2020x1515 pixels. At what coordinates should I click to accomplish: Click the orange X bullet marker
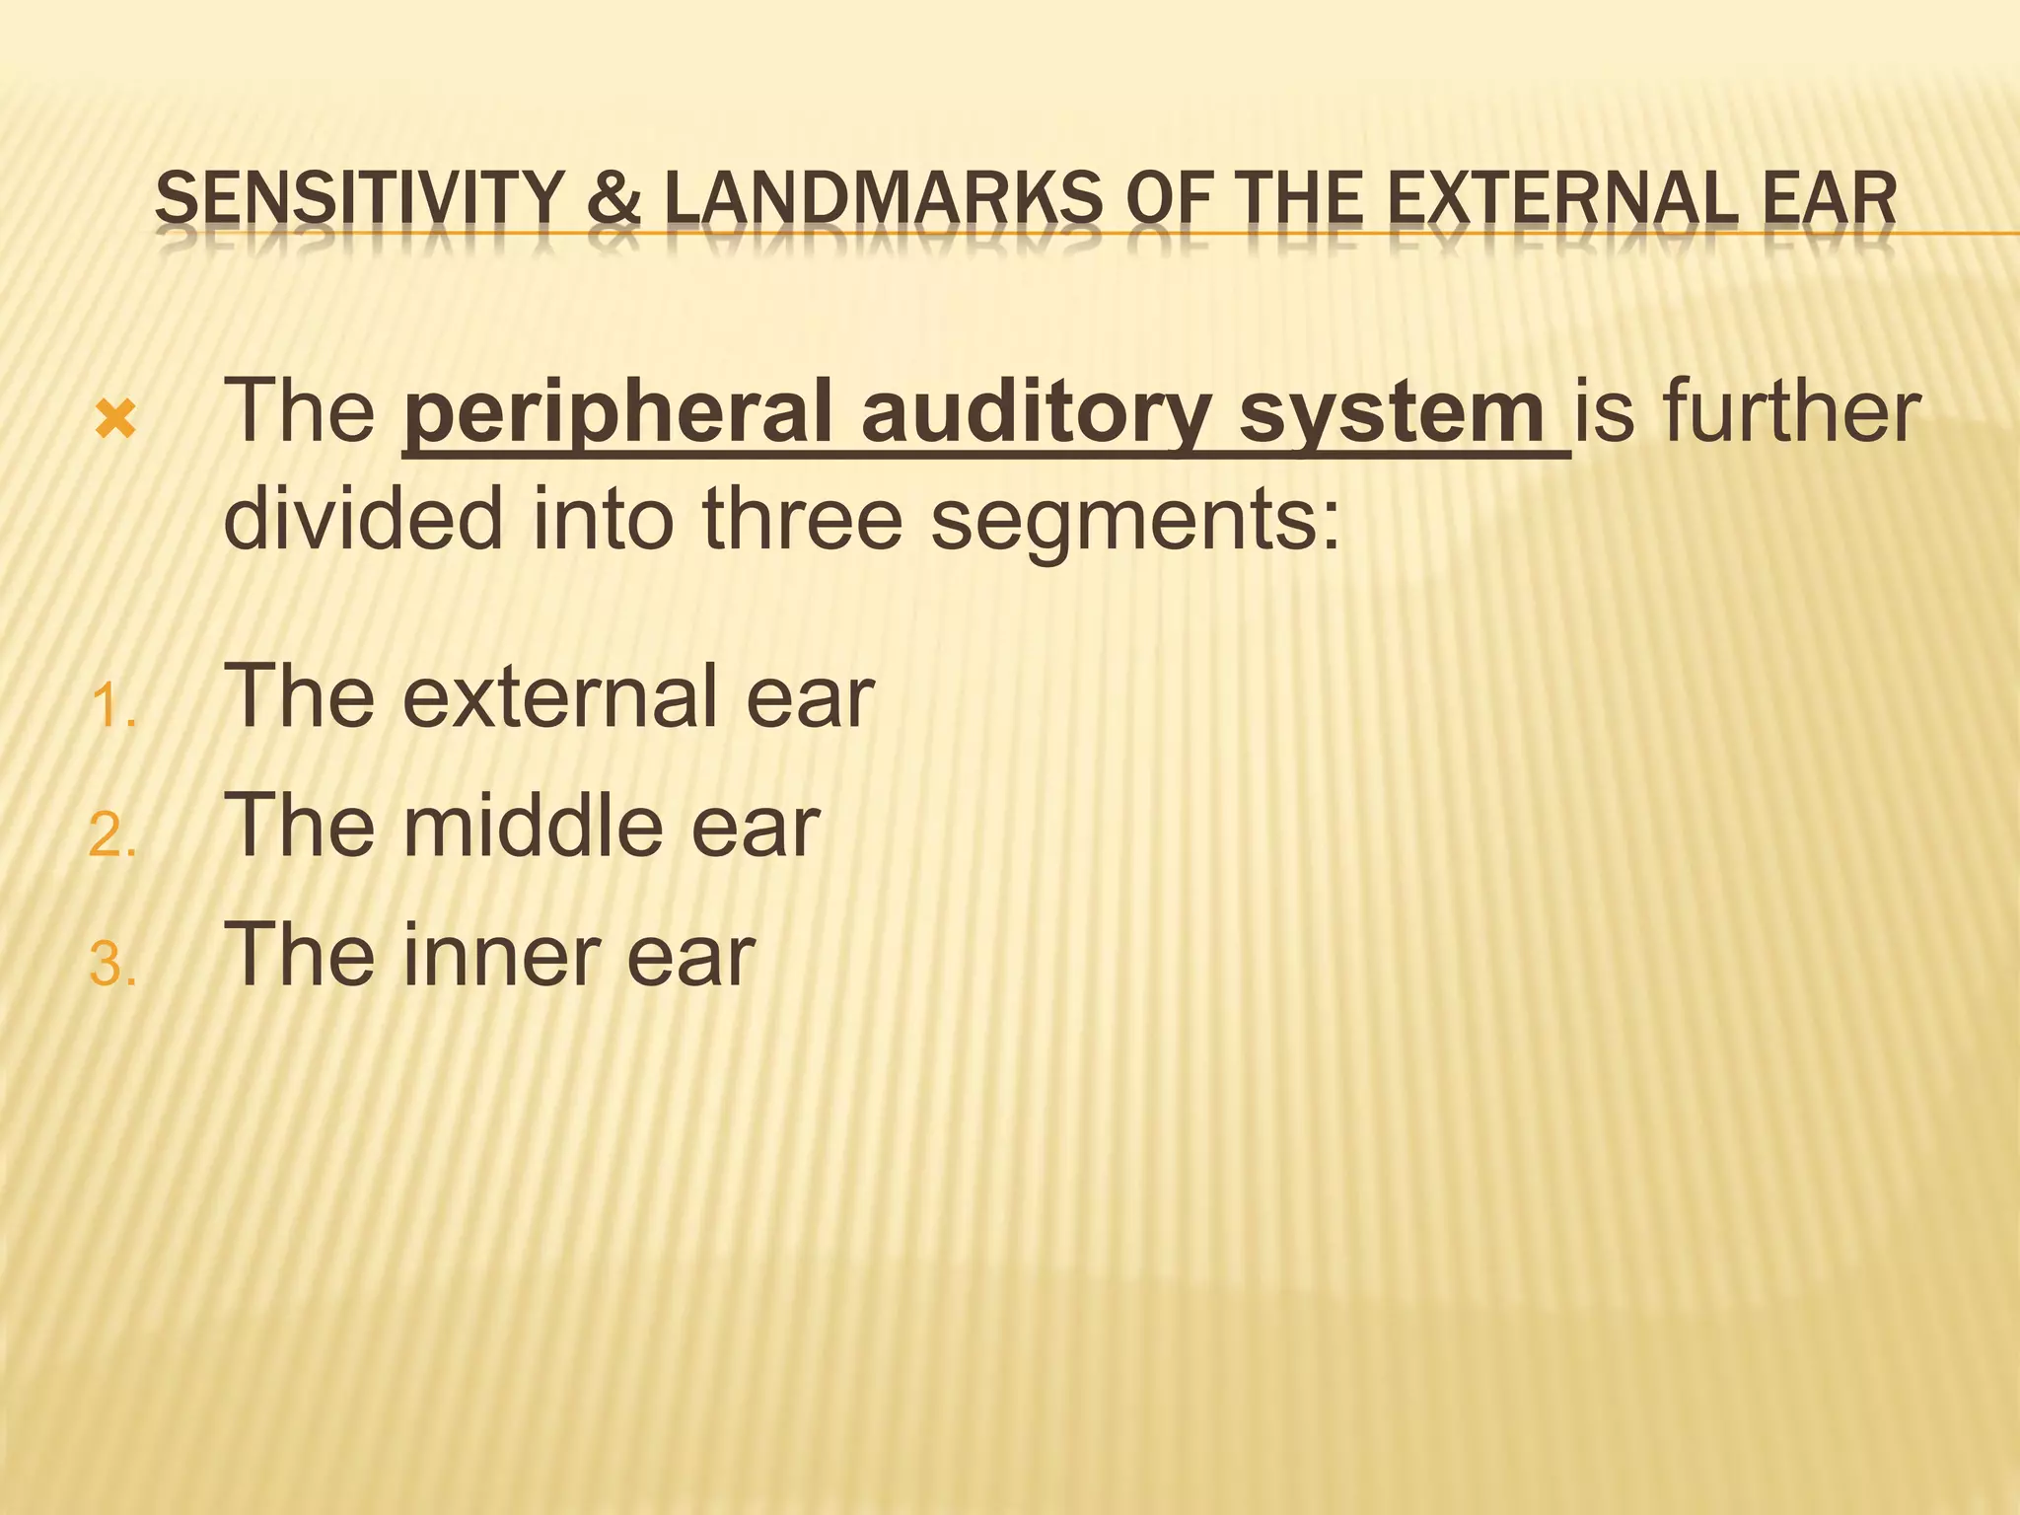(x=115, y=421)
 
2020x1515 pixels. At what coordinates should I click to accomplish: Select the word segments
(x=1134, y=520)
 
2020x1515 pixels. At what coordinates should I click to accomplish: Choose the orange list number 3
(x=111, y=965)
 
